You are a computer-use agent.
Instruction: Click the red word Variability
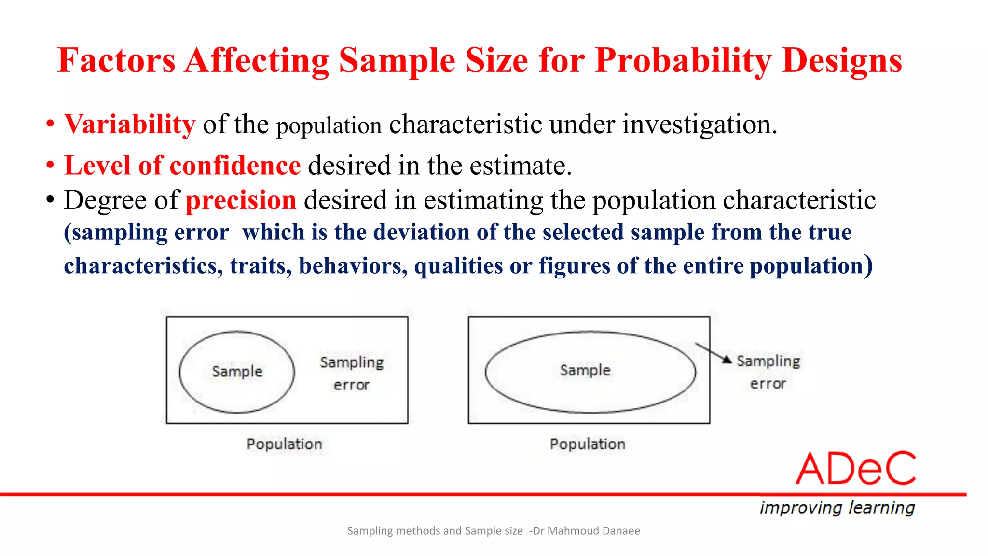[130, 125]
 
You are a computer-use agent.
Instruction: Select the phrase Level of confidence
[182, 166]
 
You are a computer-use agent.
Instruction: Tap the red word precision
[241, 200]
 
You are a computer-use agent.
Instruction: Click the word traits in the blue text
[260, 265]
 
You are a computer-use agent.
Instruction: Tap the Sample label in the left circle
[237, 371]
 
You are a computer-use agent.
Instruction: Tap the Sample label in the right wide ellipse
[585, 370]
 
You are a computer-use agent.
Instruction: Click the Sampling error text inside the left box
[352, 373]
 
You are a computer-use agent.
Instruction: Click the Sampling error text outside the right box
[768, 372]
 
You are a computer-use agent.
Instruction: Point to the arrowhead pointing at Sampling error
[727, 359]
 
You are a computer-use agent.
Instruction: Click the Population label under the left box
[284, 444]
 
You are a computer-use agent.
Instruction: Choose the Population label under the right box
[587, 444]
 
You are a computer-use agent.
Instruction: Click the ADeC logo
[855, 469]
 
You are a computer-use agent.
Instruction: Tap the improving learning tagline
[837, 508]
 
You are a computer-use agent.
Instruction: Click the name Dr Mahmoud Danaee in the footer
[586, 531]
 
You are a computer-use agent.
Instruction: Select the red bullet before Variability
[50, 124]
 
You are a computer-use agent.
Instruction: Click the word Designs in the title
[842, 61]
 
